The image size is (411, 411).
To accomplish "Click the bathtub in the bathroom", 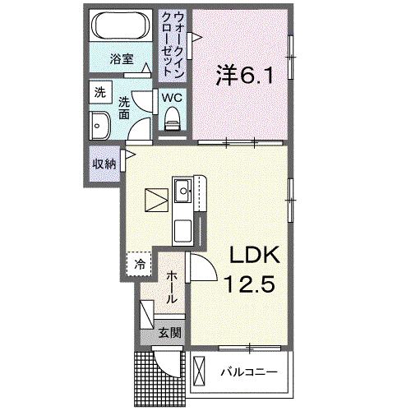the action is point(121,25).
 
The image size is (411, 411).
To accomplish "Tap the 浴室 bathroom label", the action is point(122,59).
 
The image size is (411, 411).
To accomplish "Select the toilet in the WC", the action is point(173,118).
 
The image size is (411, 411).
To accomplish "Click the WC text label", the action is point(172,98).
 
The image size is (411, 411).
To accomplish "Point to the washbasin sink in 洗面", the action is point(99,126).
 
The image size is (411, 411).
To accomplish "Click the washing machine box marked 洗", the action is point(100,92).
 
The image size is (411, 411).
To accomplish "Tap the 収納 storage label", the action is point(104,164).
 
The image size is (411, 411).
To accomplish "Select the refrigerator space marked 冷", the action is point(139,264).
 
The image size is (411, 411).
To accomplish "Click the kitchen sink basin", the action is point(182,191).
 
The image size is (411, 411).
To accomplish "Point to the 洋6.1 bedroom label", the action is point(245,76).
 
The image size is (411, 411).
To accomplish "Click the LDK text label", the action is point(255,255).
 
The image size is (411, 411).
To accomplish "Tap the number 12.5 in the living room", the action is point(249,284).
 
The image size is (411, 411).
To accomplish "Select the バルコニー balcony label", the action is point(249,372).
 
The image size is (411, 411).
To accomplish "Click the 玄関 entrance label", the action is point(170,333).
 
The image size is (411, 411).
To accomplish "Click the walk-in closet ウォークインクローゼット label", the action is point(173,44).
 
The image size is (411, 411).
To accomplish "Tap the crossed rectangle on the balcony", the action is point(199,371).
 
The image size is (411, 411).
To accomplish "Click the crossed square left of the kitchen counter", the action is point(156,200).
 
